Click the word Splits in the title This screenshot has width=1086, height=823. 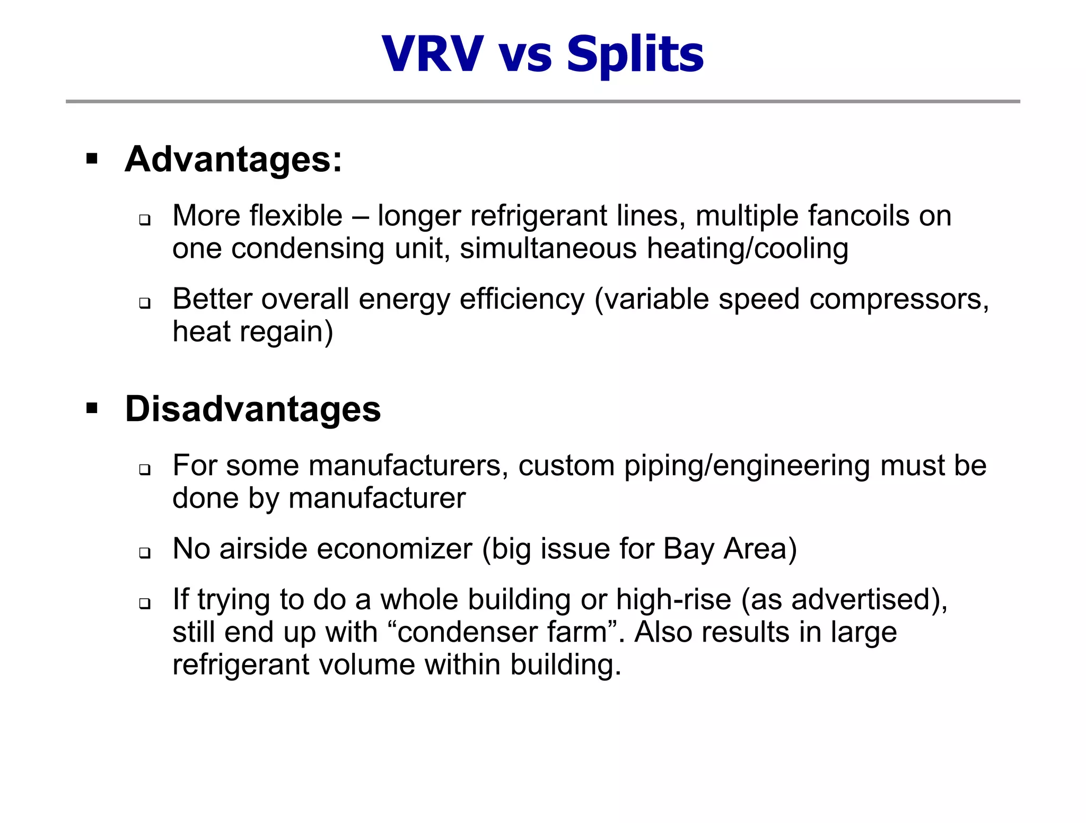635,54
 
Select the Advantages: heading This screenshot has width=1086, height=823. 233,159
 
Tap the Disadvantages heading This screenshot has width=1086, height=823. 253,409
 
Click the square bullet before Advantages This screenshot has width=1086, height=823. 92,159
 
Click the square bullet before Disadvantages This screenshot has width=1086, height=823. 92,409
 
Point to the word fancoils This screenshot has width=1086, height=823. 858,216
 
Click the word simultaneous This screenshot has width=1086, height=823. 548,249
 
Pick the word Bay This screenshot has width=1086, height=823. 688,549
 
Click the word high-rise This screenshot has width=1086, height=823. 673,600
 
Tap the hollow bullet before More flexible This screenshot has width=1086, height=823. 145,219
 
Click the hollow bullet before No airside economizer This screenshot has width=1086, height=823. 145,553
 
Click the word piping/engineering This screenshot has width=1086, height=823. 747,466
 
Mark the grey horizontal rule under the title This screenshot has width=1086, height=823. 542,101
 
